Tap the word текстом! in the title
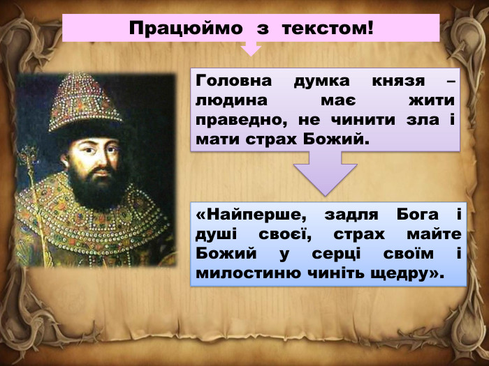pyautogui.click(x=330, y=29)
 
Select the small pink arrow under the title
pyautogui.click(x=250, y=49)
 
